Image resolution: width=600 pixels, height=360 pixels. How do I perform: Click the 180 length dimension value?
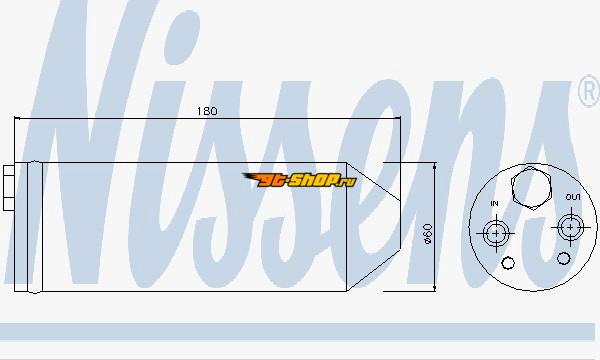pos(207,111)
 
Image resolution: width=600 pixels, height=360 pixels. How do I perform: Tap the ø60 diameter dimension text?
pos(427,234)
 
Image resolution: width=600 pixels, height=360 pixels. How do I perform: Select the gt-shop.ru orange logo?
pos(299,180)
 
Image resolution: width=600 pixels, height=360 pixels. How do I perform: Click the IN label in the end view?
pos(494,204)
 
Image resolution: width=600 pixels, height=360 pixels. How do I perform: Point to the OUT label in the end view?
pos(572,197)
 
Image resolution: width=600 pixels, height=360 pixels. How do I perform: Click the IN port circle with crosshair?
pos(496,233)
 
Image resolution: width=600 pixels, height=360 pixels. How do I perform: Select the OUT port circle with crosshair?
pos(571,227)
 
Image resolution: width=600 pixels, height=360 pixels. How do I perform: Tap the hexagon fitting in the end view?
pos(531,188)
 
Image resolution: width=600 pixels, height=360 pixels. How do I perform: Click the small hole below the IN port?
pos(508,263)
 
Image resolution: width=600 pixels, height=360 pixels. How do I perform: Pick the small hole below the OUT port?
pos(563,258)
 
